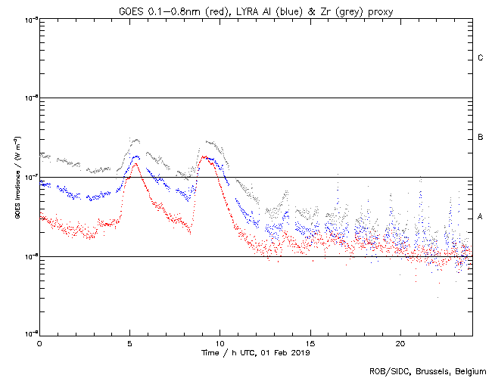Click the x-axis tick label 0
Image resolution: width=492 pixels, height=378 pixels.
tap(39, 343)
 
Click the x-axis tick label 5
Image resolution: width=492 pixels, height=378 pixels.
tap(129, 343)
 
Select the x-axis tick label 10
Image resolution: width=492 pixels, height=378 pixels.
tap(220, 343)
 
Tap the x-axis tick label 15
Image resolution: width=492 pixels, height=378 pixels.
tap(310, 343)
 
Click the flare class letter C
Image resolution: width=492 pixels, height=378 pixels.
tap(481, 58)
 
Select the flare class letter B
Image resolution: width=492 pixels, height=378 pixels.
tap(481, 138)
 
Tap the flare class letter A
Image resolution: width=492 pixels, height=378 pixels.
tap(481, 217)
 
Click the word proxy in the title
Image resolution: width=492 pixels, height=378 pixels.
tap(378, 11)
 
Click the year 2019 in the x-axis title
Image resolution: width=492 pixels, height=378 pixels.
tap(300, 352)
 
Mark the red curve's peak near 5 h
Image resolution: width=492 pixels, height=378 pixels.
tap(136, 163)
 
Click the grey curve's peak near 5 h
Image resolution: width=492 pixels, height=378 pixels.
tap(135, 139)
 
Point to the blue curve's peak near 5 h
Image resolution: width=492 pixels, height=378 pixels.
tap(136, 156)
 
